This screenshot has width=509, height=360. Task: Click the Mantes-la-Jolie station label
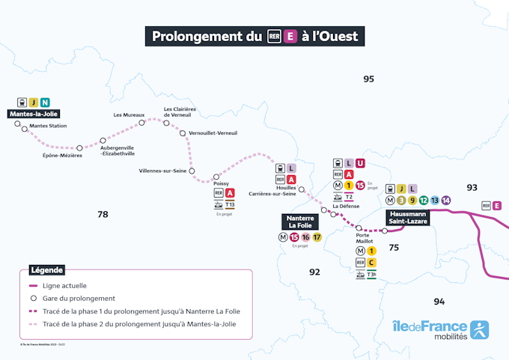pos(34,114)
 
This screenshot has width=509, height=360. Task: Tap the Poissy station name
pos(222,182)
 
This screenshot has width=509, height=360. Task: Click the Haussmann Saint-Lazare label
pos(408,217)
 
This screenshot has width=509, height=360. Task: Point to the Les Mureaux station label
pos(129,115)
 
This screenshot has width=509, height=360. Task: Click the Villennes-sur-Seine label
pos(162,171)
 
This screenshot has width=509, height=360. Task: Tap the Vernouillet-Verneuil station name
pos(213,133)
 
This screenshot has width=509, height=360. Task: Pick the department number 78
pos(103,214)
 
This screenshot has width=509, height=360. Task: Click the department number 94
pos(439,301)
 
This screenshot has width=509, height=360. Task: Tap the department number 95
pos(368,79)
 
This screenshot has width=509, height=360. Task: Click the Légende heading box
pos(46,270)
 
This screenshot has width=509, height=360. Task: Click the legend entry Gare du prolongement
pos(79,298)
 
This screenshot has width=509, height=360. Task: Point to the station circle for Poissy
pos(216,177)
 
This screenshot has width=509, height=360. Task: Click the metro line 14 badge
pos(446,200)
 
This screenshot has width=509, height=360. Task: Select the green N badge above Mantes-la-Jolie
pos(46,102)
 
